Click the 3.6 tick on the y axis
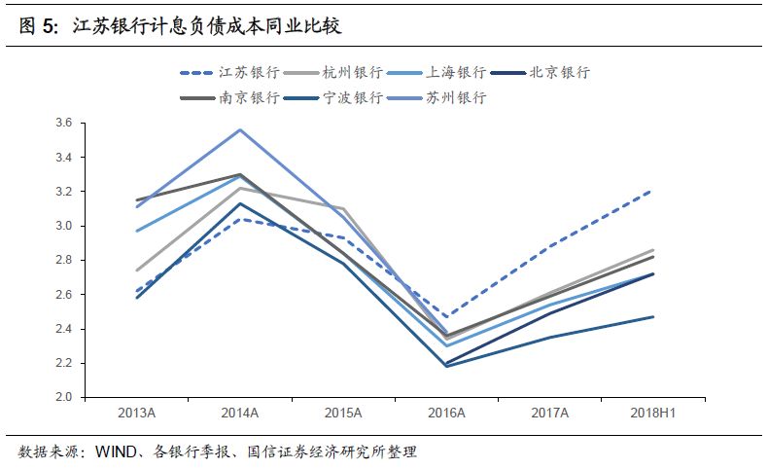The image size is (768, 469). pos(63,123)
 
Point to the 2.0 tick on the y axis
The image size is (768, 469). pos(63,398)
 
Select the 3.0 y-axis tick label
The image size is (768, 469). pos(63,226)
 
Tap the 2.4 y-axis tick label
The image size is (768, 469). pos(63,329)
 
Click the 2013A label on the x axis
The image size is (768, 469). pos(136,414)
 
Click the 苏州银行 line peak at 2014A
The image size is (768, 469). pos(240,129)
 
